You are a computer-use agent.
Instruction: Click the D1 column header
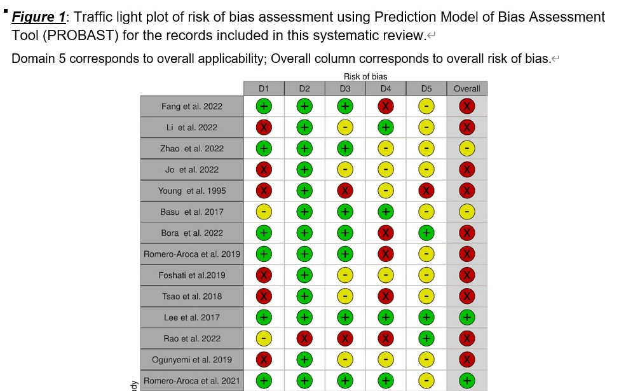coord(264,88)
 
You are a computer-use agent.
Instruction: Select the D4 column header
coord(386,88)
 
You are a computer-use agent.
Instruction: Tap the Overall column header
coord(467,88)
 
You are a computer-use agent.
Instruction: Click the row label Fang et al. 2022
coord(192,106)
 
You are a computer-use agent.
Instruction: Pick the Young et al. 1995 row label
coord(192,191)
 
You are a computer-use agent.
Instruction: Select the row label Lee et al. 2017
coord(192,317)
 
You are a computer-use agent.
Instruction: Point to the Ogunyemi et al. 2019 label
coord(192,359)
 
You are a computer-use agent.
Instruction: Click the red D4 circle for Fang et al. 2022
coord(386,106)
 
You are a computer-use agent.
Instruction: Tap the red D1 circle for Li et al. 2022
coord(264,127)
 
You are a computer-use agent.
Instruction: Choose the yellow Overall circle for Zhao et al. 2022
coord(467,148)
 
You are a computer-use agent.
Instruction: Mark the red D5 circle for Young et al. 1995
coord(426,191)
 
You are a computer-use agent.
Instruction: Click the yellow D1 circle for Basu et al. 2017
coord(264,212)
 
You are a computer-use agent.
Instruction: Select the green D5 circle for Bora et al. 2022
coord(426,233)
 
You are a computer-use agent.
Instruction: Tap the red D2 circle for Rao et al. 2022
coord(304,338)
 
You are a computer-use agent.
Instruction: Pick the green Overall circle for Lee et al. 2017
coord(467,317)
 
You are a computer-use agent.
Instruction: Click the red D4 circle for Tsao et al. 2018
coord(386,296)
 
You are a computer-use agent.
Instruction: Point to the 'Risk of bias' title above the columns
coord(365,76)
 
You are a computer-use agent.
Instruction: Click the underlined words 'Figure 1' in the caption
coord(39,17)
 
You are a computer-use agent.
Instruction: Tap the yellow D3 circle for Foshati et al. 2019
coord(345,275)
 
